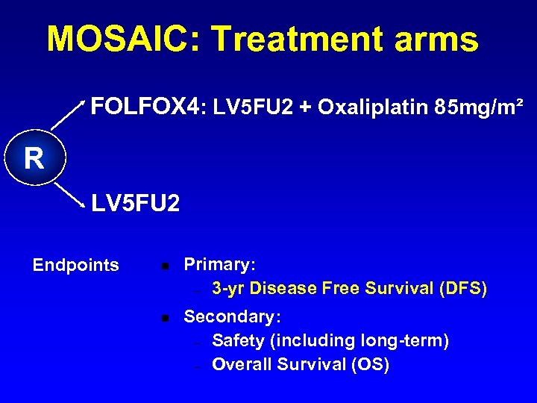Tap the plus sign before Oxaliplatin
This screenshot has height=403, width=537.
click(x=305, y=109)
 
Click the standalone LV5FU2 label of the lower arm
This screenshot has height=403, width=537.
click(x=135, y=203)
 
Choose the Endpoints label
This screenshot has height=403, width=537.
click(x=75, y=265)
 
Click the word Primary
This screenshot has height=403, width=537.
click(x=219, y=265)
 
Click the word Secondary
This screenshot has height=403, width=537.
click(x=229, y=316)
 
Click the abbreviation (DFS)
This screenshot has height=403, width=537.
click(x=460, y=288)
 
